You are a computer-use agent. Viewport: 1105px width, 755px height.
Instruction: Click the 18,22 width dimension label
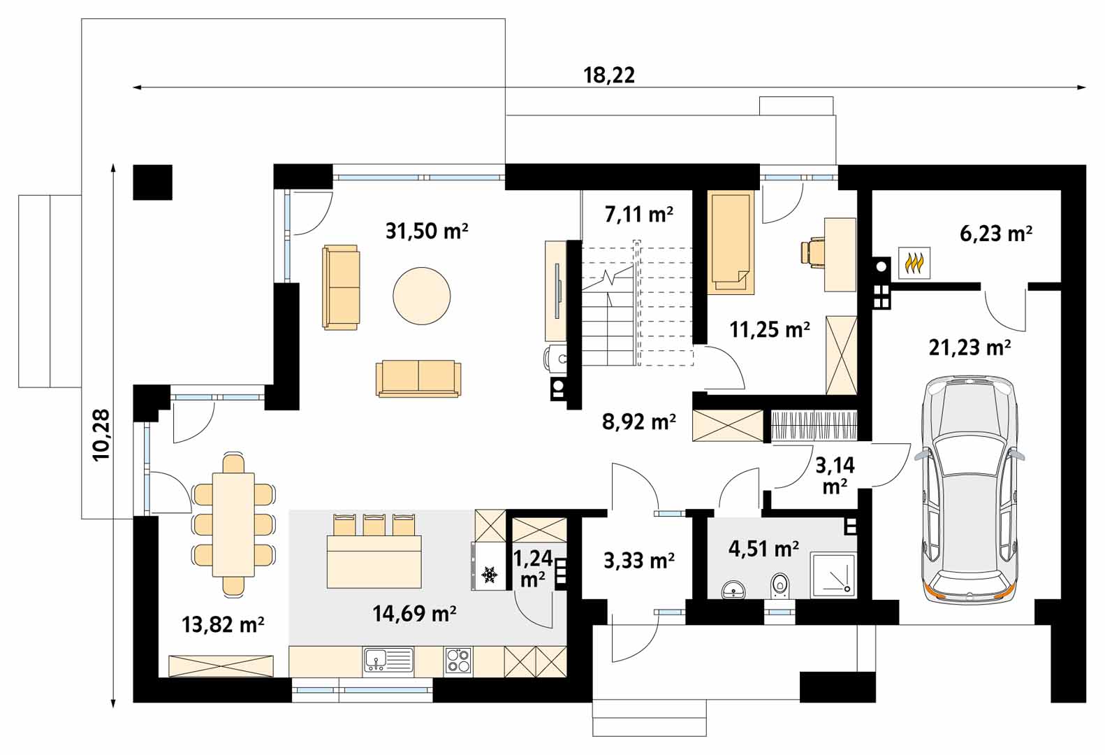coord(609,75)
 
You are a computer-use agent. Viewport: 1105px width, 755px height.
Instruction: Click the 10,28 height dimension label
coord(101,436)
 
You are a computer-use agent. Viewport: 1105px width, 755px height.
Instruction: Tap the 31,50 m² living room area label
coord(427,231)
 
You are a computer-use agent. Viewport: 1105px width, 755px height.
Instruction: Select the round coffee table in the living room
coord(422,296)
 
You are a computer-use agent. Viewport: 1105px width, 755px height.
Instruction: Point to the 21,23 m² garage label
coord(969,347)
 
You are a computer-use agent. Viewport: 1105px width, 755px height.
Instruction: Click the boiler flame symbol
coord(914,263)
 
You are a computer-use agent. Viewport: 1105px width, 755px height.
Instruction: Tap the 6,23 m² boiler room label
coord(996,233)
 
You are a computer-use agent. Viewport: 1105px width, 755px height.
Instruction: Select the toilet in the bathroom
coord(780,586)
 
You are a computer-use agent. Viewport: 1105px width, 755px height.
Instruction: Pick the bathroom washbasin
coord(733,589)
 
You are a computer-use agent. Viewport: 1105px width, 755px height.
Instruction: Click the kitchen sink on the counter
coord(388,660)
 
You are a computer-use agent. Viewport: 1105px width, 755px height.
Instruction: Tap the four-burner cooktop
coord(458,661)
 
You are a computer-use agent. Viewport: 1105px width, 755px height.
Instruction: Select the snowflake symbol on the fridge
coord(489,574)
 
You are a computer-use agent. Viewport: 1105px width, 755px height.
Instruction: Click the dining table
coord(233,524)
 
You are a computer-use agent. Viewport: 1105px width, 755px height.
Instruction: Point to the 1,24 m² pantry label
coord(533,568)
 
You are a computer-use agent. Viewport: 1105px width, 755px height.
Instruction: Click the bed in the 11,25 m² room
coord(731,242)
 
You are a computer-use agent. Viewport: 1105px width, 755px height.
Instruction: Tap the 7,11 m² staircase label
coord(639,215)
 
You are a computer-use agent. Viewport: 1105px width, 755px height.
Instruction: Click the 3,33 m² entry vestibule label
coord(639,561)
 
